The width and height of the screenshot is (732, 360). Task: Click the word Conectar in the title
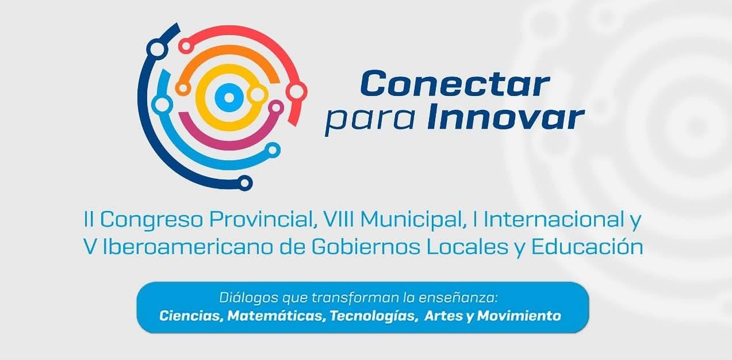pos(455,83)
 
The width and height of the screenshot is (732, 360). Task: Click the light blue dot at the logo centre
pos(229,97)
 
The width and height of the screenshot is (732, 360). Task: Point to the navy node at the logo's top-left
pos(157,49)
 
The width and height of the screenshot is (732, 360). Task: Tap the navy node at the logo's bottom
pos(244,183)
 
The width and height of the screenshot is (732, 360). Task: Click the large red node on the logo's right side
pos(296,91)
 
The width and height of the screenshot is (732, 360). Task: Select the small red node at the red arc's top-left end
pos(186,46)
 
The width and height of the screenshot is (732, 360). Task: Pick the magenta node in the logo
pos(276,108)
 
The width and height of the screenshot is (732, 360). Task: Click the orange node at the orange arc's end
pos(183,88)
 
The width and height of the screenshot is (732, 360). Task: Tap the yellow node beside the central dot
pos(258,95)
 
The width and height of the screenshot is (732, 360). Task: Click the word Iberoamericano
pos(188,247)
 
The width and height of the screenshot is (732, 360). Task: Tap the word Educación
pos(587,247)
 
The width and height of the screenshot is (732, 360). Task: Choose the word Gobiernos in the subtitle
pos(366,247)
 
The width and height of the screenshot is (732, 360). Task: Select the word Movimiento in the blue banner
pos(519,316)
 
